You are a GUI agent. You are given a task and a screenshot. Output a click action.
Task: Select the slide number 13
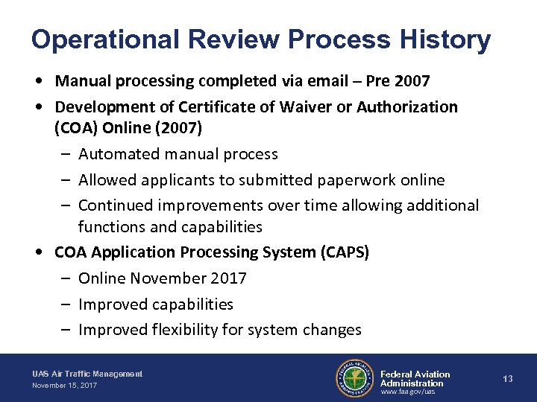[x=508, y=379]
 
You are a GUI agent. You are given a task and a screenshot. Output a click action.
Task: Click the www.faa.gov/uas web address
[x=407, y=392]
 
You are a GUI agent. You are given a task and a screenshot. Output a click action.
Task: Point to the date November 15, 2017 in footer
[x=65, y=386]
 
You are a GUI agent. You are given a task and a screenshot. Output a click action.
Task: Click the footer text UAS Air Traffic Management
[x=87, y=374]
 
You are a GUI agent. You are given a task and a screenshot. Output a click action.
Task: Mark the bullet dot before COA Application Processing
[x=37, y=252]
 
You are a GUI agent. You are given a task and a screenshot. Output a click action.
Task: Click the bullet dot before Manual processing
[x=37, y=81]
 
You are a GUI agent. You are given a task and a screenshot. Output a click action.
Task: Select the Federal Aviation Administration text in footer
[x=415, y=379]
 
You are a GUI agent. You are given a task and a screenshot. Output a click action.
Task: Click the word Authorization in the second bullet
[x=407, y=106]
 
